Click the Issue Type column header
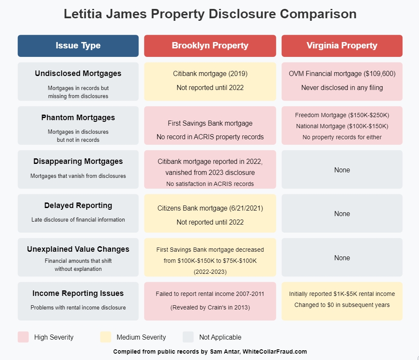(x=78, y=46)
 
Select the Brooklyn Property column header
(x=210, y=46)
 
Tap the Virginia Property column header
(x=342, y=46)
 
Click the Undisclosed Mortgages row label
(x=78, y=73)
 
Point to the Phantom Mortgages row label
(x=78, y=118)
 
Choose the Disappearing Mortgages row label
(x=78, y=161)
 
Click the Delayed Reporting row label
(x=78, y=205)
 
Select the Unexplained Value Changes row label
(x=78, y=249)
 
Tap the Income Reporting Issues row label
(x=78, y=293)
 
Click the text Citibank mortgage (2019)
(x=210, y=74)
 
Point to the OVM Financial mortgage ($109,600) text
(x=342, y=74)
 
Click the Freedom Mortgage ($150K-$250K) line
(x=342, y=115)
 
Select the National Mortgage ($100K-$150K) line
(x=342, y=126)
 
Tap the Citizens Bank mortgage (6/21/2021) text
(x=210, y=208)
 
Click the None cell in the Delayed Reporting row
(x=342, y=214)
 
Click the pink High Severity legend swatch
(x=23, y=337)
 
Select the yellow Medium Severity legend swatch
(x=105, y=337)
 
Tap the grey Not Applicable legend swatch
(x=188, y=337)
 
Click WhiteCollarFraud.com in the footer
(x=275, y=352)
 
